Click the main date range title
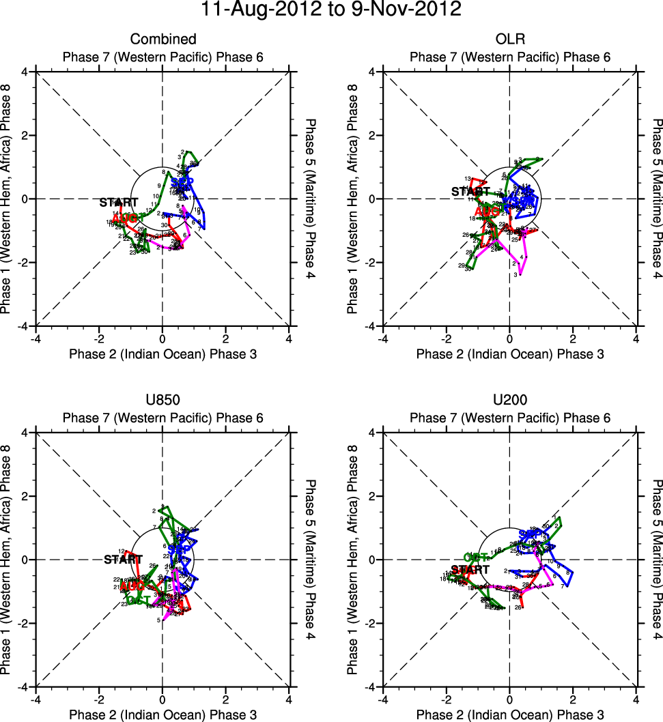331,10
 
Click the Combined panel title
163,40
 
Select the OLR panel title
509,40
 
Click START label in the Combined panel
119,203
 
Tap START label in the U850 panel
124,560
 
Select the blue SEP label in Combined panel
179,182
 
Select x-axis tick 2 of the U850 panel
225,699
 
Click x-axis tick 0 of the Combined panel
163,338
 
